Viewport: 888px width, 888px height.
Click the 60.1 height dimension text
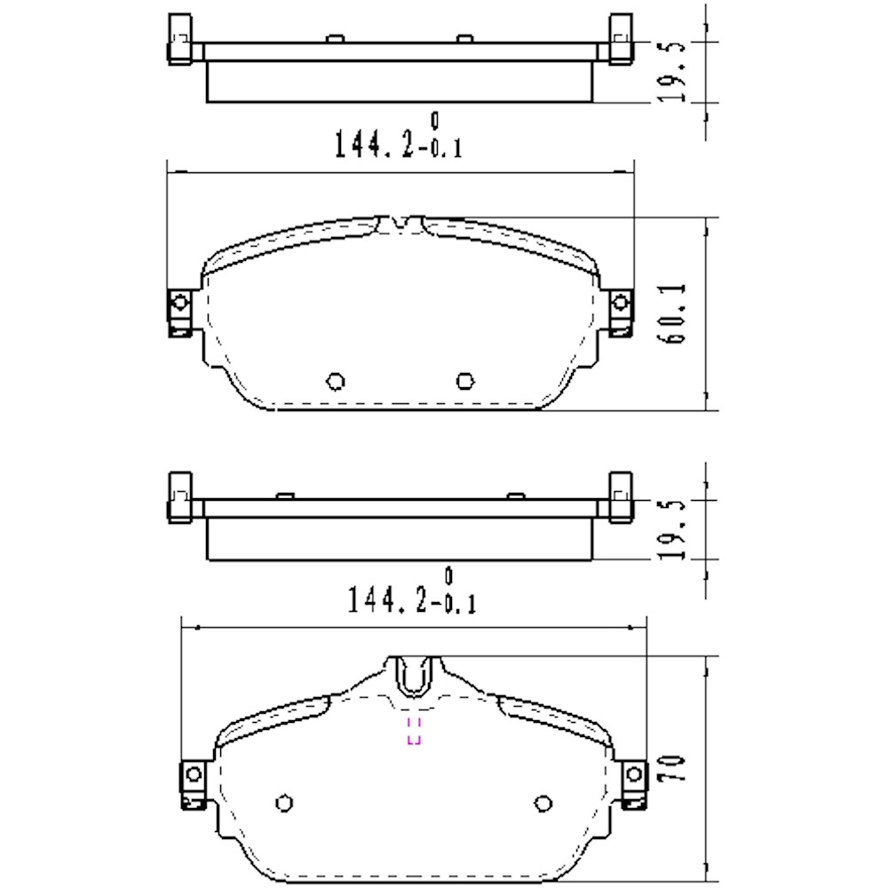coord(673,314)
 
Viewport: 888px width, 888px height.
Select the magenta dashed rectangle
coord(413,730)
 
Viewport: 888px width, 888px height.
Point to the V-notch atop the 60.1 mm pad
coord(400,222)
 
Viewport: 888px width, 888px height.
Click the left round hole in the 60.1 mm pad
coord(336,381)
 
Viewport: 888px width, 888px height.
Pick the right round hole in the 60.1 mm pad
coord(464,381)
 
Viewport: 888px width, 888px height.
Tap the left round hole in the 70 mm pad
coord(284,803)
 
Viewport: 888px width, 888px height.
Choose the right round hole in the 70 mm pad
coord(543,803)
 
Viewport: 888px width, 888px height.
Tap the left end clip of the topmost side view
coord(179,41)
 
